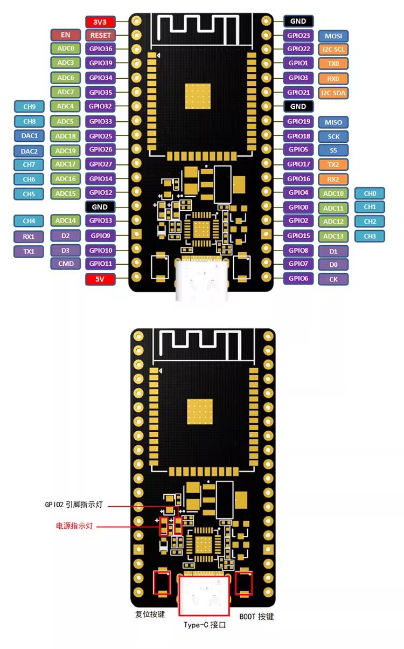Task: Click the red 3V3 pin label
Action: [x=100, y=22]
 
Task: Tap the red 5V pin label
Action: [x=100, y=279]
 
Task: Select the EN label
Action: [x=65, y=35]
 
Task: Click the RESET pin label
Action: [x=100, y=36]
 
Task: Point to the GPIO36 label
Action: [x=100, y=49]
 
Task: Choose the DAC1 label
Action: [x=29, y=135]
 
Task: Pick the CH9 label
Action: [x=29, y=106]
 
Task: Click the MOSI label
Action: [x=333, y=37]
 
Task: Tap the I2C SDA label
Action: [x=333, y=93]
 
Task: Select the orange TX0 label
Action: [x=333, y=63]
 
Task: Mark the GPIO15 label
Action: [x=298, y=236]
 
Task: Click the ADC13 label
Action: [x=333, y=236]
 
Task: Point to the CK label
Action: [x=333, y=279]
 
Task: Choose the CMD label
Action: [x=65, y=264]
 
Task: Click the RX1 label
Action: [x=29, y=236]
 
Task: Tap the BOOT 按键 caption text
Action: [x=256, y=616]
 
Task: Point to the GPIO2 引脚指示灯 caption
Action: [x=74, y=505]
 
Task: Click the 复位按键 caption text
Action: [x=150, y=615]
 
